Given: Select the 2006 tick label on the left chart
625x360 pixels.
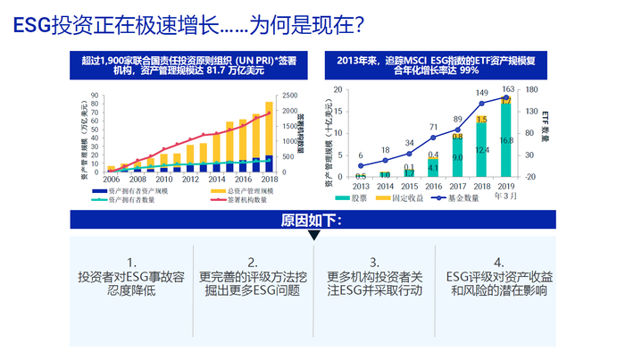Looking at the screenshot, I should pyautogui.click(x=112, y=179).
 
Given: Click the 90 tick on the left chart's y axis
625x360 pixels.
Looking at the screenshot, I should pyautogui.click(x=96, y=95).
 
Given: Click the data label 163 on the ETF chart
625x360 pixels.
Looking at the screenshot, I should pyautogui.click(x=507, y=88).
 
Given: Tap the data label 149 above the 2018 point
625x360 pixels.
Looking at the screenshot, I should pyautogui.click(x=481, y=93).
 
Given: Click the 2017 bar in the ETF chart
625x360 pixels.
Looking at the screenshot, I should pyautogui.click(x=456, y=154).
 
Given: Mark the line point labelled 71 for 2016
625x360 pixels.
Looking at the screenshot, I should pyautogui.click(x=433, y=138).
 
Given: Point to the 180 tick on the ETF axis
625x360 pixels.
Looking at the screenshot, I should pyautogui.click(x=531, y=88).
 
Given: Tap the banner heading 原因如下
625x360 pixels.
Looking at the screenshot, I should pyautogui.click(x=312, y=220).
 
